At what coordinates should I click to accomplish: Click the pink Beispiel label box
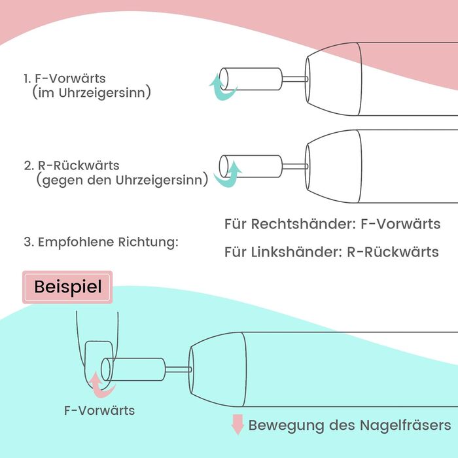[x=67, y=287]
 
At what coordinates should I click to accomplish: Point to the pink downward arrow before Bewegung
[x=238, y=424]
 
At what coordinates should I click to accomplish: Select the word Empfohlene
[x=77, y=242]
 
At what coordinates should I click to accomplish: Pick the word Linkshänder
[x=296, y=252]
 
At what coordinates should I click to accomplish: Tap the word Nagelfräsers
[x=405, y=425]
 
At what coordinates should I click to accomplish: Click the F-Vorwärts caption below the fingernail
[x=99, y=410]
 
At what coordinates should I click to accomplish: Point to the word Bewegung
[x=286, y=426]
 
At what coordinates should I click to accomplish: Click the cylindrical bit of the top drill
[x=251, y=79]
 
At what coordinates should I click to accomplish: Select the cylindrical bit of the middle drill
[x=251, y=166]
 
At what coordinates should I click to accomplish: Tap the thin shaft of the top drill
[x=295, y=79]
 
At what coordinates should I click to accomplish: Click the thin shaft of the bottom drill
[x=179, y=370]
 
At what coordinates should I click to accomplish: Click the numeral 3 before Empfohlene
[x=27, y=242]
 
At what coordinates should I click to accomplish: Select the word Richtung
[x=148, y=243]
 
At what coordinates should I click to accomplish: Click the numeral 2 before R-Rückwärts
[x=27, y=166]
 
